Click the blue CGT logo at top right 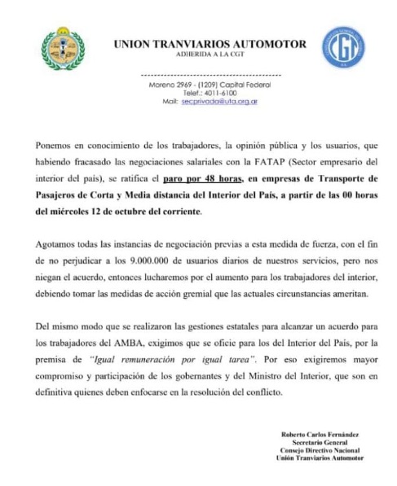point(342,47)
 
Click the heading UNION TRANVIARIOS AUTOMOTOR point(210,44)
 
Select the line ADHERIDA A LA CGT point(210,56)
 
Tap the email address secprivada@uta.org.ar point(220,102)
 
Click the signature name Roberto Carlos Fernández point(320,435)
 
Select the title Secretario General point(320,443)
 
